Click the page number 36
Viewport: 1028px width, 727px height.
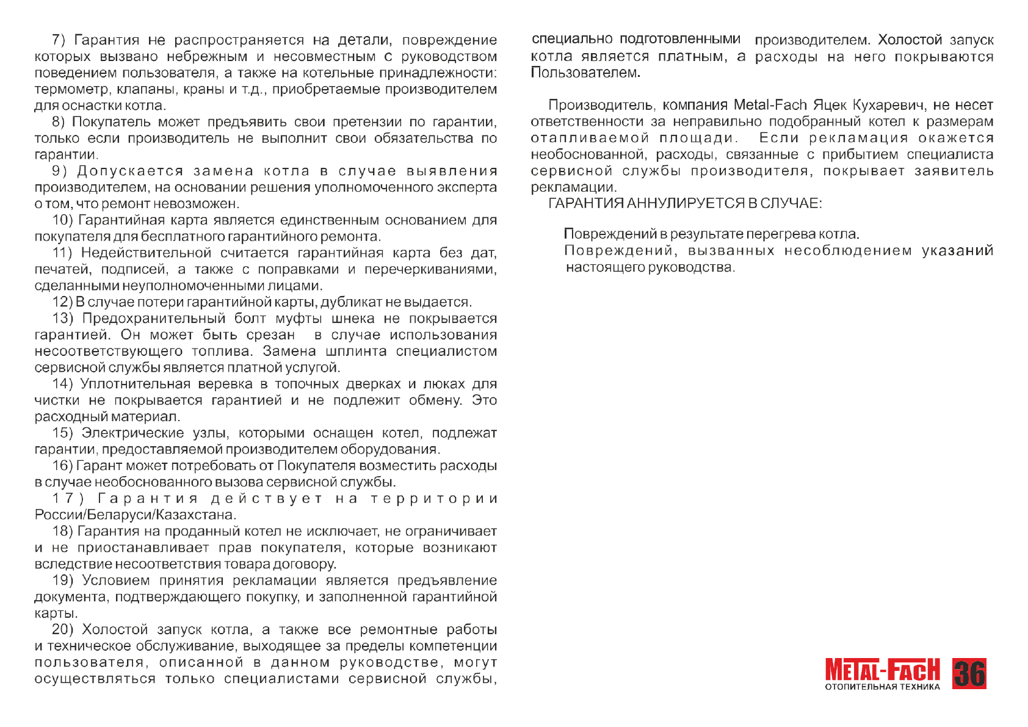coord(969,674)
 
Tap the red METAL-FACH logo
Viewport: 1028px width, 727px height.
coord(882,670)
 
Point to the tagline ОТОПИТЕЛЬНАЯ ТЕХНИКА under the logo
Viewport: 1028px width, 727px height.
coord(882,687)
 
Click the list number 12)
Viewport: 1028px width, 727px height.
coord(63,302)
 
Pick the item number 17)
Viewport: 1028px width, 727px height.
coord(68,499)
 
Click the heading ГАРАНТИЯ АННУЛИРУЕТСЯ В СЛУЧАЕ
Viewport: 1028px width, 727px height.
coord(685,203)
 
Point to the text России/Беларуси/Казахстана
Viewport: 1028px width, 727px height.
coord(136,515)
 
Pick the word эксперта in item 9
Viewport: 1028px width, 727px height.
coord(466,187)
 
